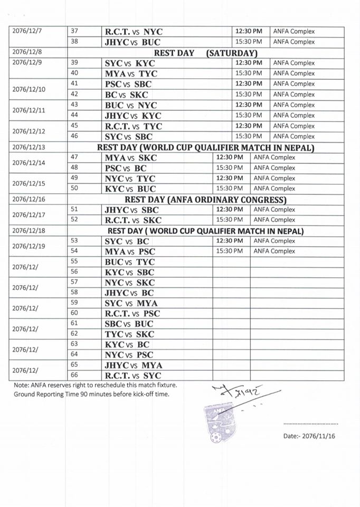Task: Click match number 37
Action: pos(74,32)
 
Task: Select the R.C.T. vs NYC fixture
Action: pos(133,32)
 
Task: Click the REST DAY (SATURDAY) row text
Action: pos(205,53)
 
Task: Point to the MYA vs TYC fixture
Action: pos(130,73)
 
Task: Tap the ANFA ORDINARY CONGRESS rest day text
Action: pos(205,199)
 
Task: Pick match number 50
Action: pos(74,189)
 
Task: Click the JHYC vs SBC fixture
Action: pos(131,210)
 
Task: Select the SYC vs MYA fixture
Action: pos(131,303)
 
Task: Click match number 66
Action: pos(74,375)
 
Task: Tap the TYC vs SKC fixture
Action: pos(130,334)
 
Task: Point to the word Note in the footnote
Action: pos(22,385)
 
